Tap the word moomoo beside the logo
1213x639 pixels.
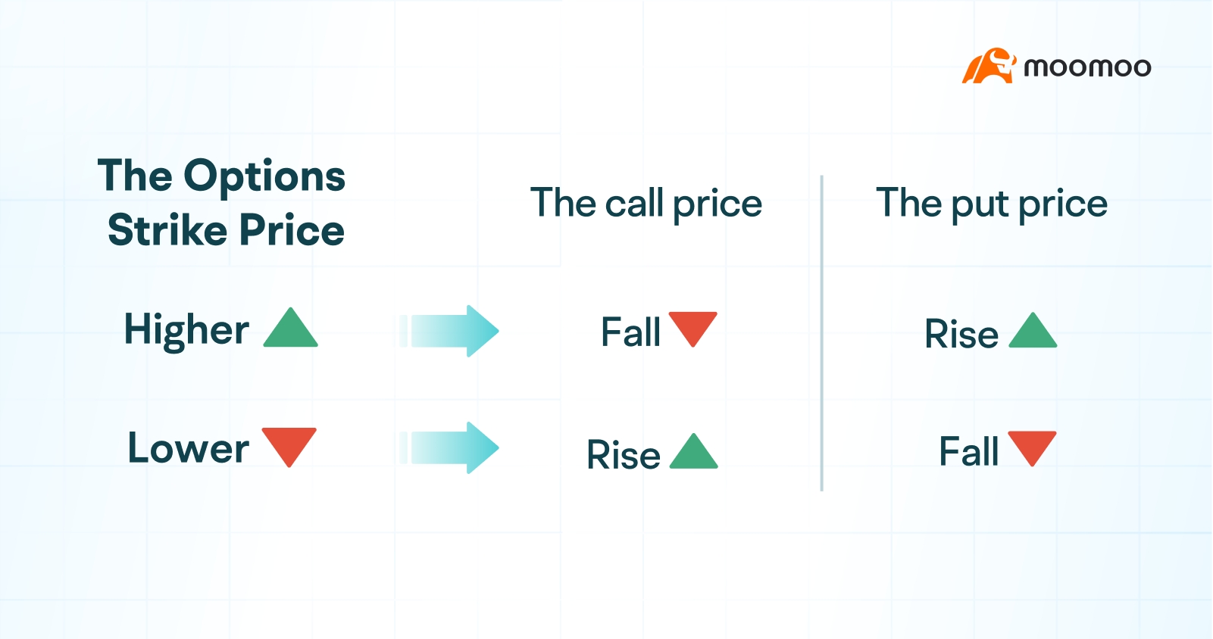(x=1087, y=67)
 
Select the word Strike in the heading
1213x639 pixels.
(x=167, y=230)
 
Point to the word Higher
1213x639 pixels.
(x=187, y=330)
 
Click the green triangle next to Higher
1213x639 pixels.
(x=290, y=328)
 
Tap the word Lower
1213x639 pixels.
(x=189, y=448)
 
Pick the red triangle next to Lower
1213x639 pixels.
(x=289, y=447)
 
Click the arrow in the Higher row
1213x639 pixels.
(x=449, y=331)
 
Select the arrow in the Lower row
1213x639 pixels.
(x=449, y=448)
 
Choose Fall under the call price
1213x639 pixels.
(x=631, y=332)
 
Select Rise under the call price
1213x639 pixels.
(x=624, y=454)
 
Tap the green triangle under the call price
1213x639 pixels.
(x=694, y=451)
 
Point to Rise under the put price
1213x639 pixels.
(x=961, y=333)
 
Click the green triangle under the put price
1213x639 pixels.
(x=1033, y=330)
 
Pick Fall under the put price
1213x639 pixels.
(x=969, y=451)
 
